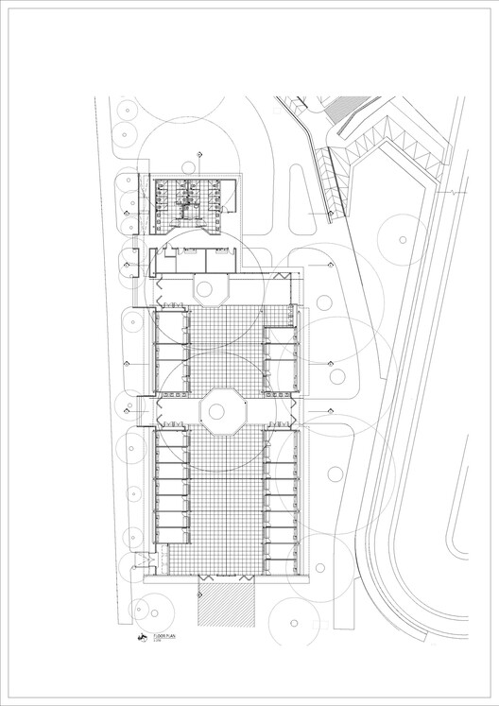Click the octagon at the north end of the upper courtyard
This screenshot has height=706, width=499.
coord(210,288)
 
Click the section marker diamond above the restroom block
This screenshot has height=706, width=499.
coord(198,154)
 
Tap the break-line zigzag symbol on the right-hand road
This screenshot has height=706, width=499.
coord(457,192)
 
